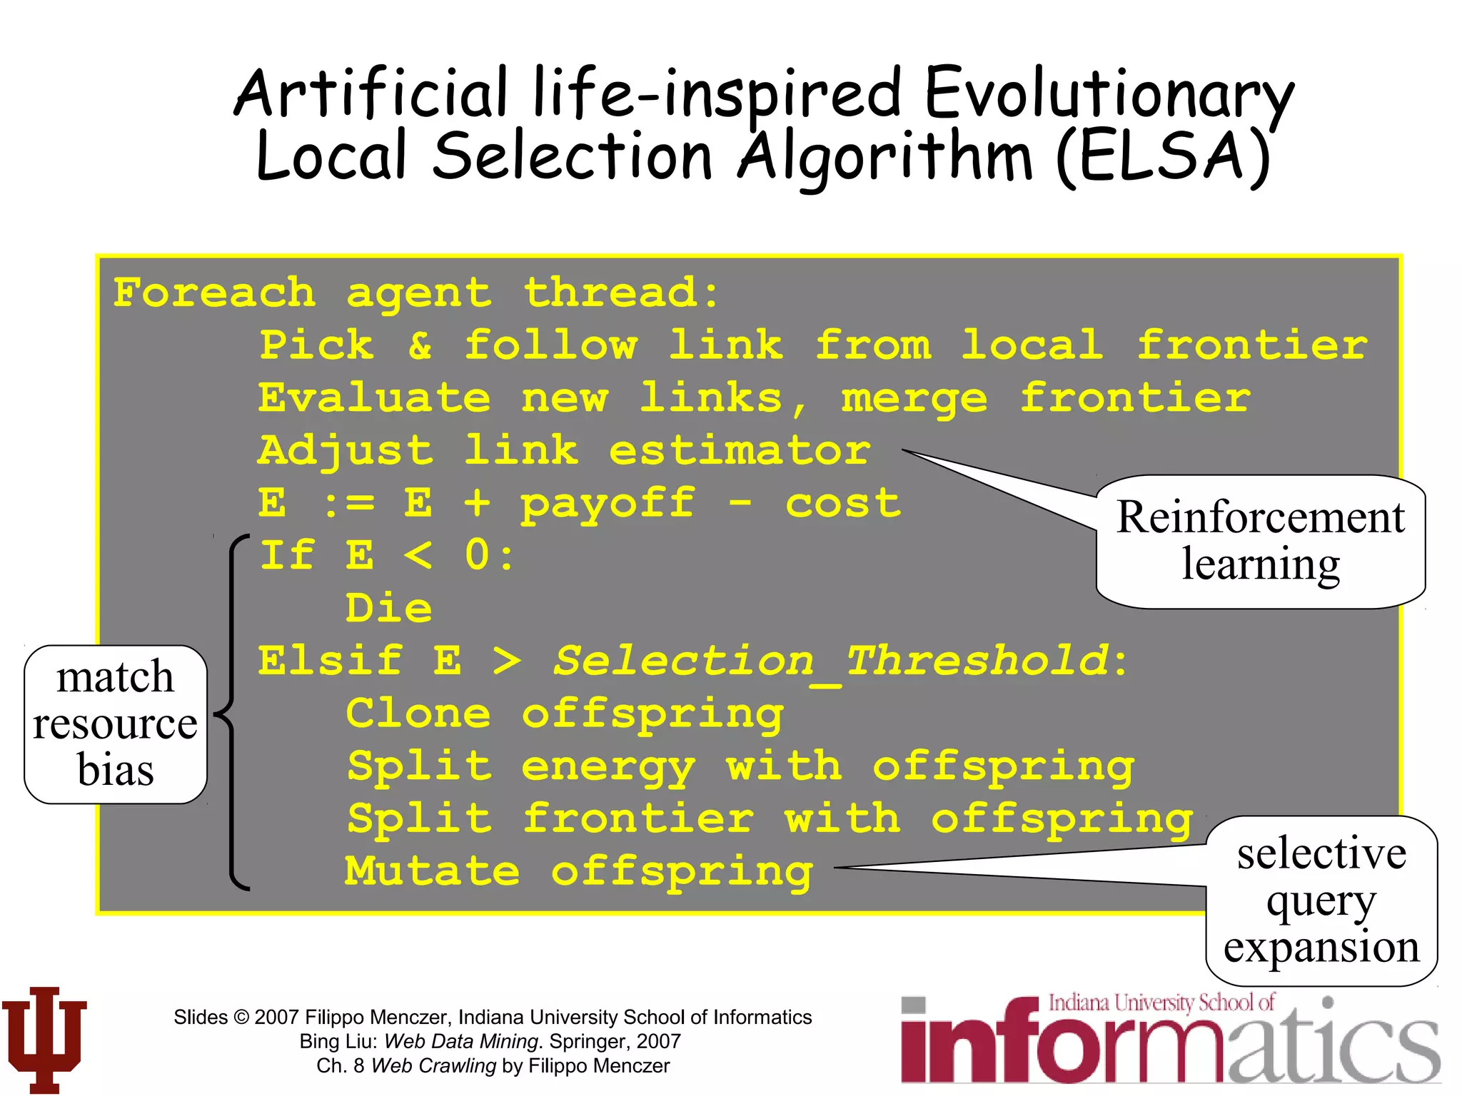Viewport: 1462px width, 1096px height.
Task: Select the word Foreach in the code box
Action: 214,293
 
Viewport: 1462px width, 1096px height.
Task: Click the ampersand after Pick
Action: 420,346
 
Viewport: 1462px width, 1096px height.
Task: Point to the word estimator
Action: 740,451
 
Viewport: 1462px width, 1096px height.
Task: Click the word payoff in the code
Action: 608,504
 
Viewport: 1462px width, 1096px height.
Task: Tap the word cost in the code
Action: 843,504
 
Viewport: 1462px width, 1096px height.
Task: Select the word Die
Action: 389,609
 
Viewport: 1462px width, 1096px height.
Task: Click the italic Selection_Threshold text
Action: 832,661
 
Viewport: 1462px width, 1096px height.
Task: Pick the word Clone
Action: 418,714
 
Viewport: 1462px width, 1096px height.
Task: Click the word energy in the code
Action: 608,767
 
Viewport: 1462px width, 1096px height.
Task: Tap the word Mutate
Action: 433,871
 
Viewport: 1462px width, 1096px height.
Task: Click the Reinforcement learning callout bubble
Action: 1261,541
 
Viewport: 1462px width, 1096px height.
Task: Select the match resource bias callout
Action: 116,724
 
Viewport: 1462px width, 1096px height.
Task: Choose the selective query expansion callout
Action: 1321,900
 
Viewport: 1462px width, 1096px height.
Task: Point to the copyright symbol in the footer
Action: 241,1017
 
